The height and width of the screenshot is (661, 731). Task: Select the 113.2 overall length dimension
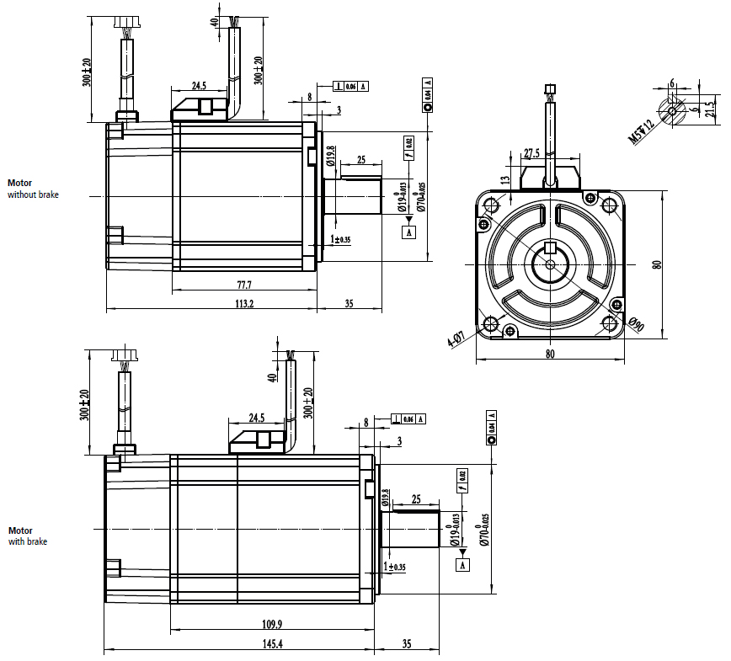click(x=244, y=304)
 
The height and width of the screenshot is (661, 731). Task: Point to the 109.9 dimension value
click(x=273, y=624)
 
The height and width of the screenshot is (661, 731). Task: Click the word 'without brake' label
click(x=34, y=195)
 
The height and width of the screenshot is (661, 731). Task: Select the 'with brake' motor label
click(x=28, y=541)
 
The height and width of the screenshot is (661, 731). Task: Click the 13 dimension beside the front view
click(x=505, y=179)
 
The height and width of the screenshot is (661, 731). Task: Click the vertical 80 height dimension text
click(x=658, y=263)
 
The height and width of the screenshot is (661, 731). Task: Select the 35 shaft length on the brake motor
click(x=406, y=644)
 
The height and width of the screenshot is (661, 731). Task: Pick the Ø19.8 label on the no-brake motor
click(x=331, y=157)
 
